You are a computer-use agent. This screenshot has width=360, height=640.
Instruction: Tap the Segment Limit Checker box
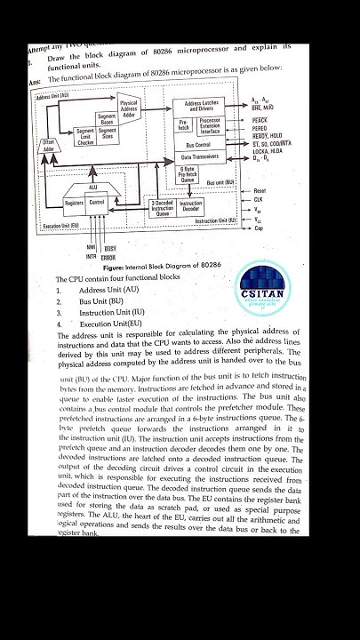point(85,136)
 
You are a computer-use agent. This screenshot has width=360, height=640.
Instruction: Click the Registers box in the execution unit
point(75,203)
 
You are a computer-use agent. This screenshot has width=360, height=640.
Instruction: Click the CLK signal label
point(259,200)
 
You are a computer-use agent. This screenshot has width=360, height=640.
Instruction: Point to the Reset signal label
point(260,190)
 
